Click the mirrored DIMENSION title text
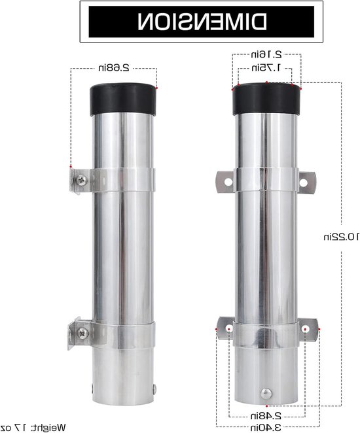(202, 22)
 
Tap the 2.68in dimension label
(114, 68)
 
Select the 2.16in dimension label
(266, 54)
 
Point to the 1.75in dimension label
(266, 67)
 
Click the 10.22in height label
(341, 237)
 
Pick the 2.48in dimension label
(266, 415)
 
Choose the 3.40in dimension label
(266, 427)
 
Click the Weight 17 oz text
(33, 428)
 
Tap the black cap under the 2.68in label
(122, 99)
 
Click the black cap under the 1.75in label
(266, 99)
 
